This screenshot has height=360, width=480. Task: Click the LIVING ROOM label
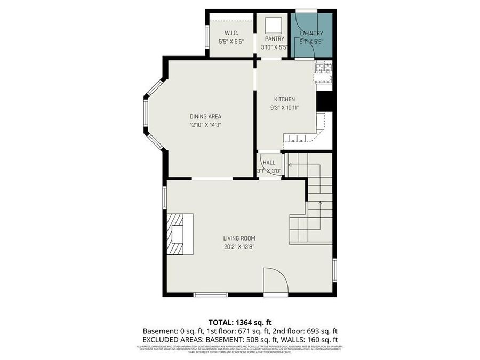tap(239, 238)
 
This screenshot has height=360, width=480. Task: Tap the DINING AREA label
tap(205, 116)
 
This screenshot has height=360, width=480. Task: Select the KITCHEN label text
tap(284, 99)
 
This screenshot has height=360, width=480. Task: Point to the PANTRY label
tap(274, 38)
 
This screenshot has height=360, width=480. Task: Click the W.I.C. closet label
tap(231, 33)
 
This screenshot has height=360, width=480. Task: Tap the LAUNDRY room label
tap(311, 33)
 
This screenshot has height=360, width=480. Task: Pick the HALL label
tap(269, 163)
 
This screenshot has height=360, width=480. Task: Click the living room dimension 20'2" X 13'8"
tap(239, 246)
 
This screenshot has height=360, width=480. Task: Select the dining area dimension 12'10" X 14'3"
tap(205, 124)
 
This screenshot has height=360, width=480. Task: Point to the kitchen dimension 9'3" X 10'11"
tap(284, 107)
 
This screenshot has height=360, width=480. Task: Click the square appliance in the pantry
tap(274, 25)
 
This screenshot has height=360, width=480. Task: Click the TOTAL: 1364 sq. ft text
tap(240, 322)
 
